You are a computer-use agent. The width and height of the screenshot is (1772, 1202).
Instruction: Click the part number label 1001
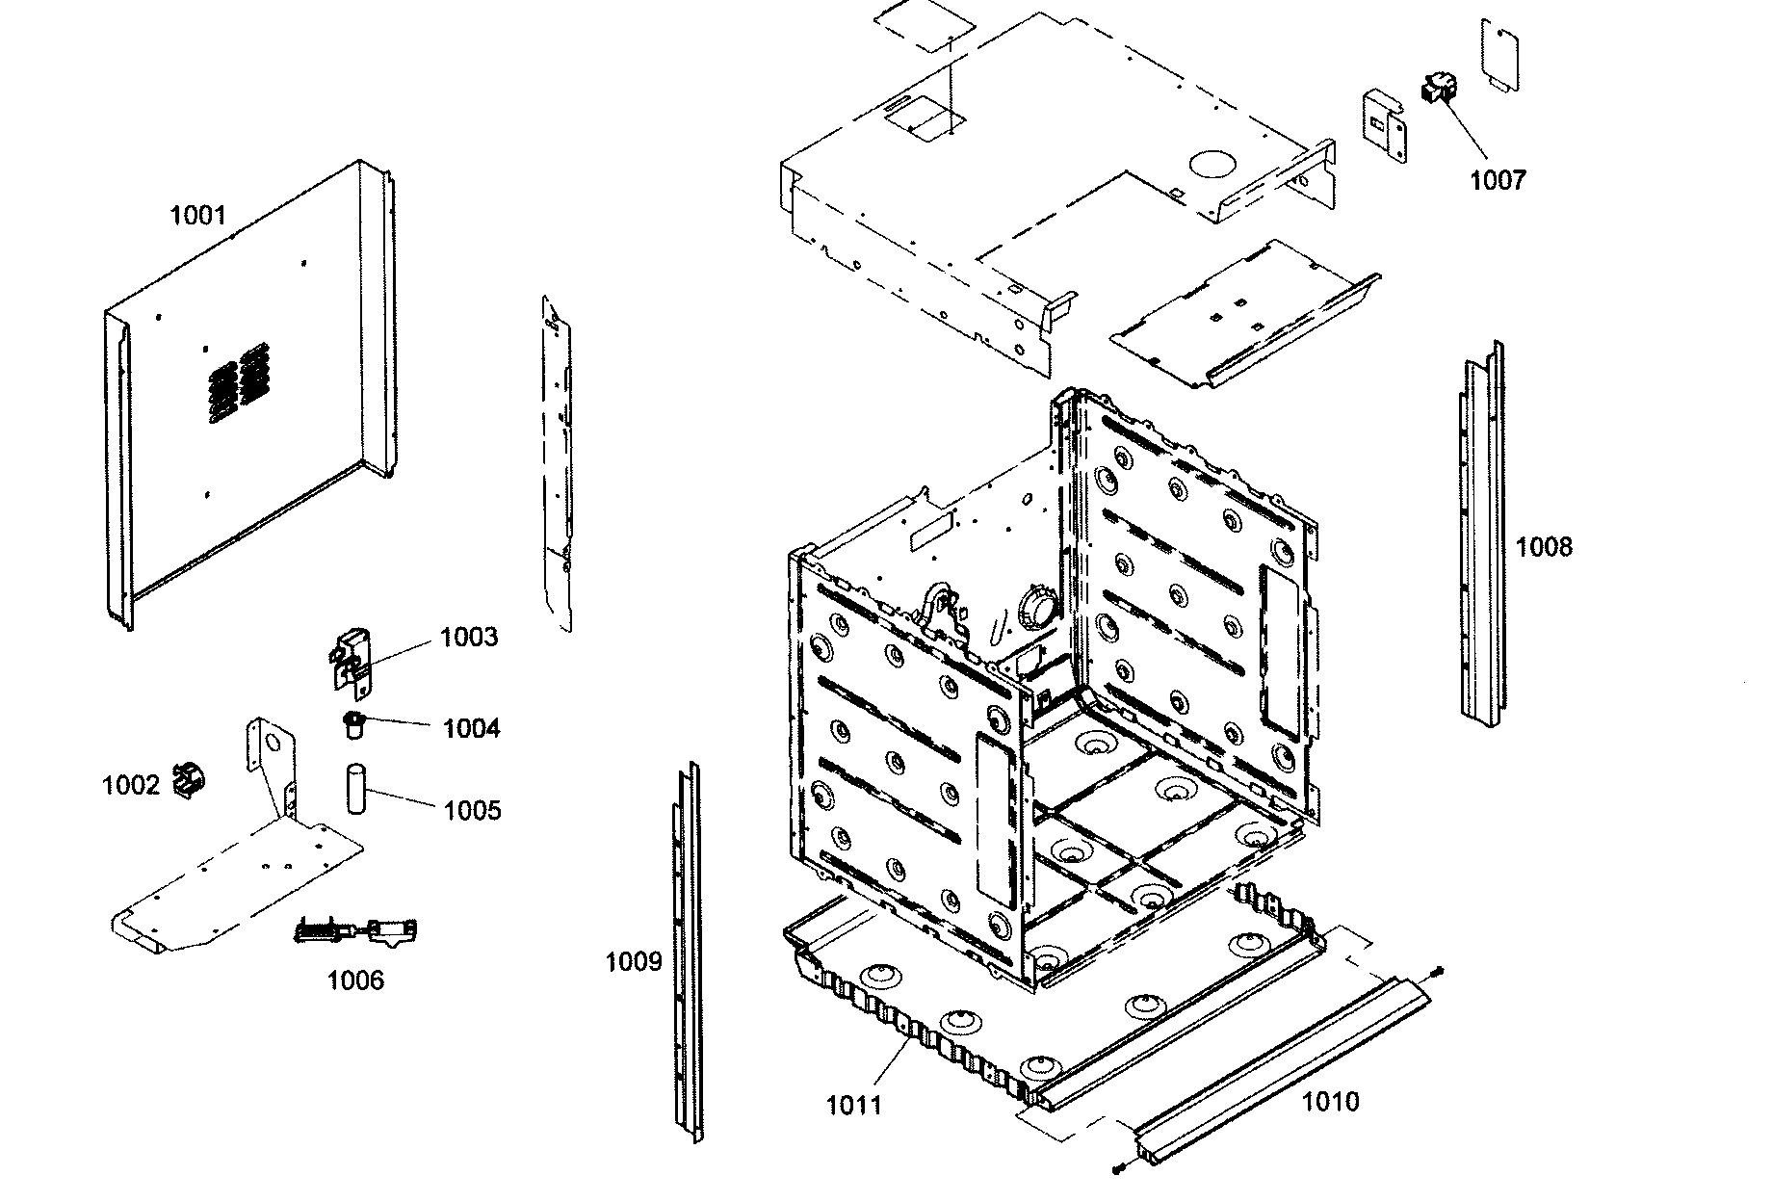(197, 215)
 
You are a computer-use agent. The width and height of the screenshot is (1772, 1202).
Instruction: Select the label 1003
(469, 638)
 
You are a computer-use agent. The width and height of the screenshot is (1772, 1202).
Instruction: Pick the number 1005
(472, 810)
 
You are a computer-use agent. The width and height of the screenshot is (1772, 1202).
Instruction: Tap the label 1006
(355, 980)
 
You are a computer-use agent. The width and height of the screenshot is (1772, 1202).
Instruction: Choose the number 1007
(1498, 180)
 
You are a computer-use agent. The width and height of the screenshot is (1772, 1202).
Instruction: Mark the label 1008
(1543, 547)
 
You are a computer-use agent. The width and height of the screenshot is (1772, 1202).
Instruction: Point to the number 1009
(633, 961)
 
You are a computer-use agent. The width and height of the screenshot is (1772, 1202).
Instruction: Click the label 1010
(1330, 1101)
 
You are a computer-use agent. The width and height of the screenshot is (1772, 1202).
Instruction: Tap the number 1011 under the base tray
(854, 1105)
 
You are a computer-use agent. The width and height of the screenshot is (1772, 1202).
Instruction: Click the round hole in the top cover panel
(1211, 163)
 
